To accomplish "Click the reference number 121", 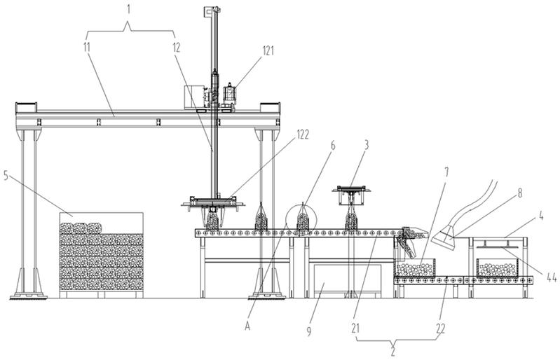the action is pyautogui.click(x=268, y=50).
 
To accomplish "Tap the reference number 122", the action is pyautogui.click(x=303, y=134).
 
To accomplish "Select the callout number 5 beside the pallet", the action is pyautogui.click(x=6, y=175).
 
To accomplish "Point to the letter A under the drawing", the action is pyautogui.click(x=247, y=326).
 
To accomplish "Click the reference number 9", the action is pyautogui.click(x=309, y=331).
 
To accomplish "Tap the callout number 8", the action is pyautogui.click(x=519, y=193).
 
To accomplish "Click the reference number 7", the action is pyautogui.click(x=446, y=172).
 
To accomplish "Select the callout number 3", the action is pyautogui.click(x=366, y=145).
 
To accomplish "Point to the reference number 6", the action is pyautogui.click(x=333, y=145).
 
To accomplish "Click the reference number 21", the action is pyautogui.click(x=355, y=328).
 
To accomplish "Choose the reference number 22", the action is pyautogui.click(x=441, y=328).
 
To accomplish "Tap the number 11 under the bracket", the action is pyautogui.click(x=87, y=47).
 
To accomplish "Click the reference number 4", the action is pyautogui.click(x=542, y=216).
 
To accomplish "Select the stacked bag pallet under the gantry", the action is pyautogui.click(x=102, y=256).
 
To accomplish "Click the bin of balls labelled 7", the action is pyautogui.click(x=415, y=268).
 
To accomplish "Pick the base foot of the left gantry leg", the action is pyautogui.click(x=28, y=296).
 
